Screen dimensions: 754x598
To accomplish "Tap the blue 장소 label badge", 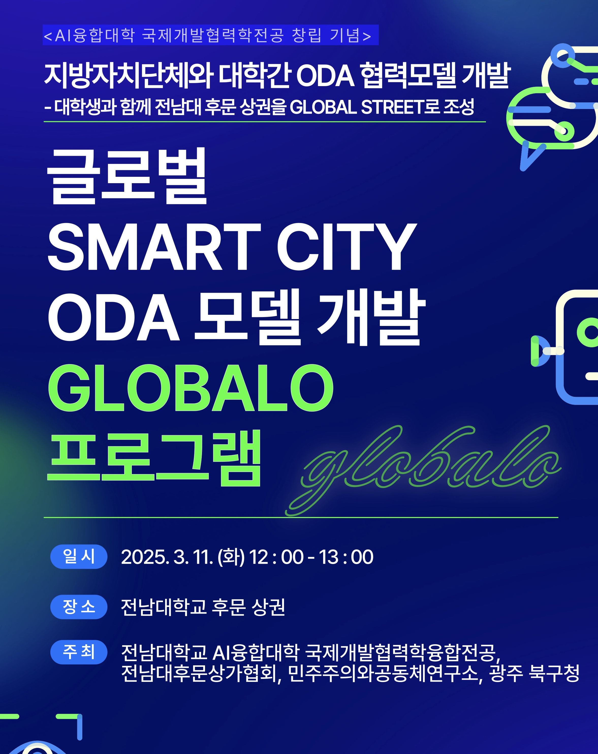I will coord(79,607).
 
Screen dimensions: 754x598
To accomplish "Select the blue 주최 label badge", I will coord(79,652).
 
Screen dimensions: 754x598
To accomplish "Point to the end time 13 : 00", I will coord(346,557).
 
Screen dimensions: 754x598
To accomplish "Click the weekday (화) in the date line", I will coord(231,557).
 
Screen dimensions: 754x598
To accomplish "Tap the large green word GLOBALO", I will coord(191,388).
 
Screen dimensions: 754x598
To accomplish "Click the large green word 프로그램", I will coord(154,458).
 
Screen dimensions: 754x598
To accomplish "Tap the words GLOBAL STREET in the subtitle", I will coord(357,107).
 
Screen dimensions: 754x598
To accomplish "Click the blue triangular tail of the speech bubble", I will coord(530,156).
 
